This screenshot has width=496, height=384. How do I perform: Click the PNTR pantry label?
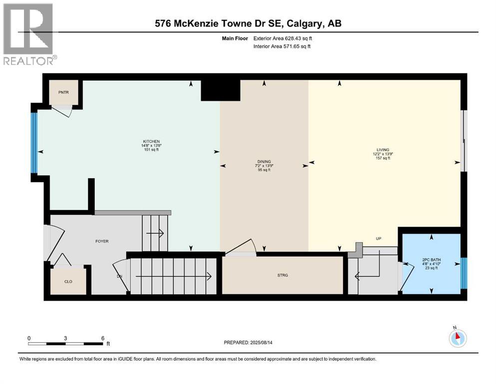click(x=63, y=93)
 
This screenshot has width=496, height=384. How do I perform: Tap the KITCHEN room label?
click(x=151, y=141)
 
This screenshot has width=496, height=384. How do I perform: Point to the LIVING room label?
click(x=383, y=149)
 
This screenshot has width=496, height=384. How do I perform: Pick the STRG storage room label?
click(x=283, y=275)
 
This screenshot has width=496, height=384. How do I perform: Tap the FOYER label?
click(x=102, y=241)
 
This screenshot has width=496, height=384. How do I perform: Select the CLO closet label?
click(x=68, y=281)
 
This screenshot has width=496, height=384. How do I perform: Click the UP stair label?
click(x=379, y=238)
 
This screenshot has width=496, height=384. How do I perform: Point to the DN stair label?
click(x=119, y=276)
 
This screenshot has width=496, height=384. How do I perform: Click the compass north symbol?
click(x=458, y=337)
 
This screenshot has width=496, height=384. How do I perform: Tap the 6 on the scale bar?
click(x=102, y=338)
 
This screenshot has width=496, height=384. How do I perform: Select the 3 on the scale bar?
click(x=65, y=338)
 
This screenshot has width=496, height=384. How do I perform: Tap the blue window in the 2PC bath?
click(x=463, y=273)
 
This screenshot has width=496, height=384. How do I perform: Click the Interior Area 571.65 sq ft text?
click(x=282, y=46)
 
